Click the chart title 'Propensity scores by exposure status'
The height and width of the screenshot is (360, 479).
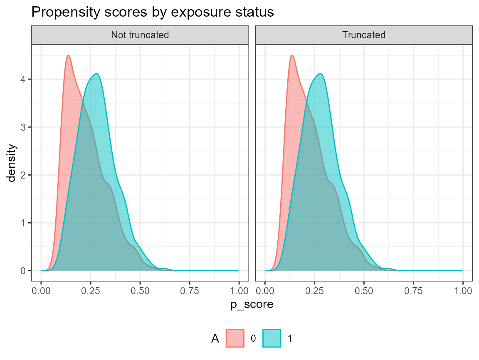(152, 12)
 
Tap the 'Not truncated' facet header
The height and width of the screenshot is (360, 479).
(140, 35)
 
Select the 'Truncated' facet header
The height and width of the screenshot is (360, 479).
(364, 35)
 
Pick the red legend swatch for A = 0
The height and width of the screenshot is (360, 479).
(235, 338)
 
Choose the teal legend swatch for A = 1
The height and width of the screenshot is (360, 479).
(272, 338)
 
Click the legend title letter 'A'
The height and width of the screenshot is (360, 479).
(215, 339)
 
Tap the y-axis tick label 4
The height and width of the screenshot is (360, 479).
(25, 79)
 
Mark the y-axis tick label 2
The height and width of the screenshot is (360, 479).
(25, 175)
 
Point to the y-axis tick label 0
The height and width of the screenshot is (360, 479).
(25, 271)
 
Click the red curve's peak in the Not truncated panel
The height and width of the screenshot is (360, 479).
(68, 55)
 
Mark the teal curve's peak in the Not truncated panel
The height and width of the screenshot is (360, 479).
(96, 74)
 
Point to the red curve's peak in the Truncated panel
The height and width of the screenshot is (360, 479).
(292, 55)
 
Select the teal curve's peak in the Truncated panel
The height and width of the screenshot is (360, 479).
(320, 74)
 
